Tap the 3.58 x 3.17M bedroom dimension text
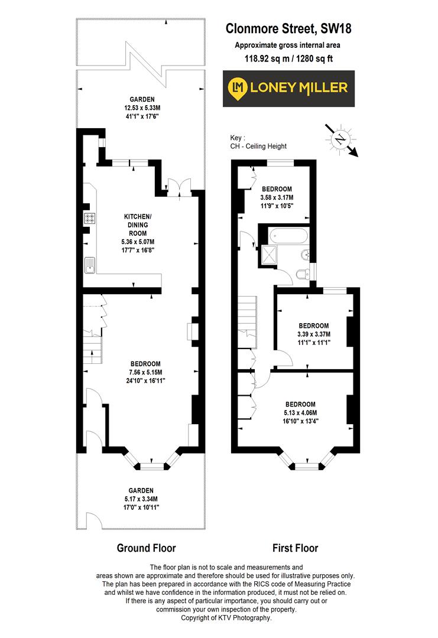point(277,197)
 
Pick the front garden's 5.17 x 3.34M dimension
point(141,499)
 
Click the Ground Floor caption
point(146,548)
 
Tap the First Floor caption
point(295,548)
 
